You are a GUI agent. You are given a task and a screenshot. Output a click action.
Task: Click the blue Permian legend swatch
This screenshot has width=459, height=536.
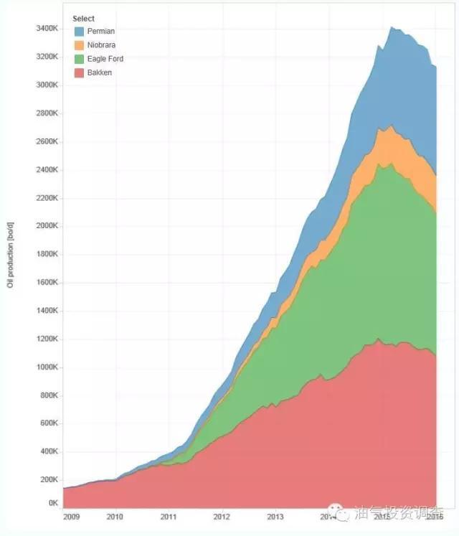(x=79, y=32)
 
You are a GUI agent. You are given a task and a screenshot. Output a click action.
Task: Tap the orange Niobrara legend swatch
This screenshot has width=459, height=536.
(x=79, y=45)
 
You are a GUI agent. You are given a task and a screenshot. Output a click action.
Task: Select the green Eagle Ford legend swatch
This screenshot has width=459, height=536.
(x=79, y=59)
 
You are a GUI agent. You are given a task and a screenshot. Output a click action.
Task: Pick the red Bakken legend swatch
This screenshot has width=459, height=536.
(x=79, y=72)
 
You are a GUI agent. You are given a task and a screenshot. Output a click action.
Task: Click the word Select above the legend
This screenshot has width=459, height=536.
(x=84, y=19)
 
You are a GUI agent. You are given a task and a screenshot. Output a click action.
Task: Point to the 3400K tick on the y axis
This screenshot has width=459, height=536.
(x=46, y=29)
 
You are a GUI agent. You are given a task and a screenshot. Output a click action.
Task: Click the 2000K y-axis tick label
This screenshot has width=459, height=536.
(x=46, y=226)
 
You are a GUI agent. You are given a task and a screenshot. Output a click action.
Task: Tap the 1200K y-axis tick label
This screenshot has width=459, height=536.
(x=46, y=339)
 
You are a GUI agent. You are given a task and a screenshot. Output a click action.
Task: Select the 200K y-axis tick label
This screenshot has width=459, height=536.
(x=48, y=480)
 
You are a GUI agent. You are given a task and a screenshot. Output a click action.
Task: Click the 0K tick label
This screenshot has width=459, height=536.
(x=53, y=504)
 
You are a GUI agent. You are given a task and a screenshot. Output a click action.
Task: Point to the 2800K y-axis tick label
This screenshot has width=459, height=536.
(x=46, y=113)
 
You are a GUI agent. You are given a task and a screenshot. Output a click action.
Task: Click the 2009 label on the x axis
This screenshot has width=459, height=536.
(x=72, y=516)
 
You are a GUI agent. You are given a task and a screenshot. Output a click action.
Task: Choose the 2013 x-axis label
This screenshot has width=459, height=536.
(x=275, y=516)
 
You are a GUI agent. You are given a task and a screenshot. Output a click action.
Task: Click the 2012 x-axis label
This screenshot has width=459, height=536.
(x=222, y=516)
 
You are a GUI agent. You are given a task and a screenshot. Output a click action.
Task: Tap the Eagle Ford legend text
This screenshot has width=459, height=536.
(x=105, y=59)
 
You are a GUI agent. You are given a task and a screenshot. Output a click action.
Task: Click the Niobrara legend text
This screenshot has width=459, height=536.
(x=101, y=45)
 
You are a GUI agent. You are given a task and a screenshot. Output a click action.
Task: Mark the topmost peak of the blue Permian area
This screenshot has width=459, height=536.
(x=391, y=27)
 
